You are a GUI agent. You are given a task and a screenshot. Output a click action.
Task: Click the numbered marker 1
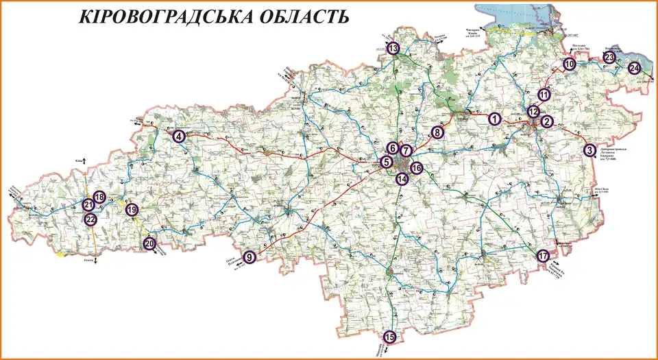(493, 119)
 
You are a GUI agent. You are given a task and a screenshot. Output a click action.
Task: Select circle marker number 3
(589, 150)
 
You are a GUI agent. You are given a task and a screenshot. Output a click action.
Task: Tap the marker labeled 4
(179, 136)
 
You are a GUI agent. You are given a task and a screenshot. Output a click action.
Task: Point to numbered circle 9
(249, 257)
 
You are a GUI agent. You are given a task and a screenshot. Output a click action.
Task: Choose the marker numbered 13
(393, 49)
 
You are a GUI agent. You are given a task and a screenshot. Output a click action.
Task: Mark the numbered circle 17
(544, 256)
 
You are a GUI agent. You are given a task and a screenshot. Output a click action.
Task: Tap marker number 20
(149, 243)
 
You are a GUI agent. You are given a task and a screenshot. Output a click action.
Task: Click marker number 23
(610, 58)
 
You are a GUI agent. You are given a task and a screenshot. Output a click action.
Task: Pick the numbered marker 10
(570, 64)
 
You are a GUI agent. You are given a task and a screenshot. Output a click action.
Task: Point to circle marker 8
(437, 133)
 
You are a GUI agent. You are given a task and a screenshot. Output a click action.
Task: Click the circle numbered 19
(132, 210)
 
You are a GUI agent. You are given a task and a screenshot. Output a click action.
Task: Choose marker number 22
(90, 219)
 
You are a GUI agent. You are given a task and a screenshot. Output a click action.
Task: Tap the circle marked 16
(417, 167)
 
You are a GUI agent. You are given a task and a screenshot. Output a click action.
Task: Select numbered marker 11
(544, 95)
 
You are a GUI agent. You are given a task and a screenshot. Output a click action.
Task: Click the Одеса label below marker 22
(88, 260)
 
